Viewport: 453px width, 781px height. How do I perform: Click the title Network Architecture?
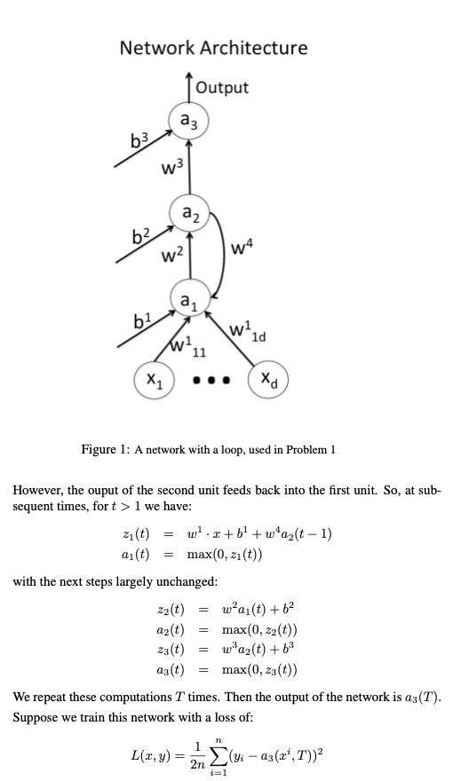(213, 48)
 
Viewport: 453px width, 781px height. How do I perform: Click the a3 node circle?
(188, 122)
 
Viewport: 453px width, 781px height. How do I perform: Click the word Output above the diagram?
(222, 87)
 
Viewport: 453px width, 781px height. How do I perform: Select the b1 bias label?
(140, 319)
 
